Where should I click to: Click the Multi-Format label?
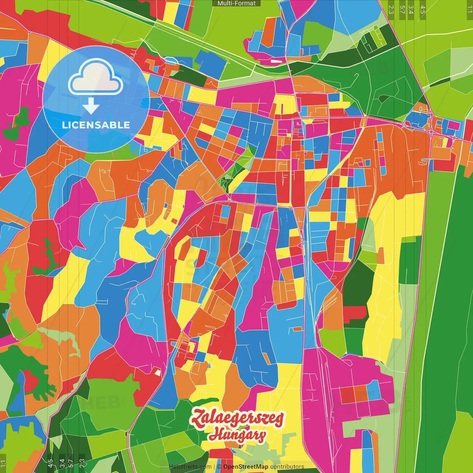pos(236,3)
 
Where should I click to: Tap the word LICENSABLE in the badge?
pos(96,125)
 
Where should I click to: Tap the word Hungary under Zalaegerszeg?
pos(237,435)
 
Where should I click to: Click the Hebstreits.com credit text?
pos(190,467)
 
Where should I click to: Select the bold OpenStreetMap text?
pos(246,467)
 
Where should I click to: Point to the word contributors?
pos(287,467)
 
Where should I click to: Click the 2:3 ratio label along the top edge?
pos(391,10)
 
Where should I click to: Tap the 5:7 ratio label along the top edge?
pos(402,10)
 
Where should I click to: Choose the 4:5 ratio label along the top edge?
pos(423,10)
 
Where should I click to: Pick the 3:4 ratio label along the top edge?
pos(411,10)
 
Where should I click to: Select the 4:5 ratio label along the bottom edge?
pos(50,463)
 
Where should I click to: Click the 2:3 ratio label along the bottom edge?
pos(82,463)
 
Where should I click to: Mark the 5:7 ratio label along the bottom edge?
pos(71,463)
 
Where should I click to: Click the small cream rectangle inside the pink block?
pos(276,61)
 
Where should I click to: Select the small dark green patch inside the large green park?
pos(384,99)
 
